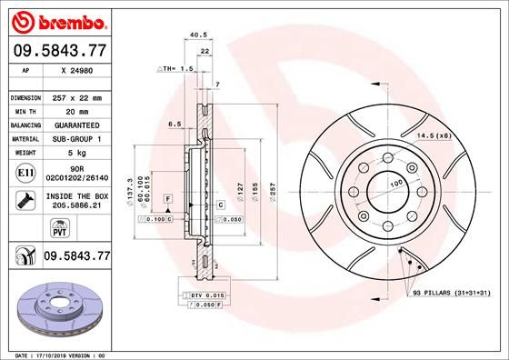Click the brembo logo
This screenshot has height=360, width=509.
coord(57,19)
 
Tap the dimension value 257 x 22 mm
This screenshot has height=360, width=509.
coord(77,96)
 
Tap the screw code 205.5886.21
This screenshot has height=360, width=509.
coord(77,207)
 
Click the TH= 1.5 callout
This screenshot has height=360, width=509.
coord(176,69)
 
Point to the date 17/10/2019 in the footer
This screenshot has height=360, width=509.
coord(55,354)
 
